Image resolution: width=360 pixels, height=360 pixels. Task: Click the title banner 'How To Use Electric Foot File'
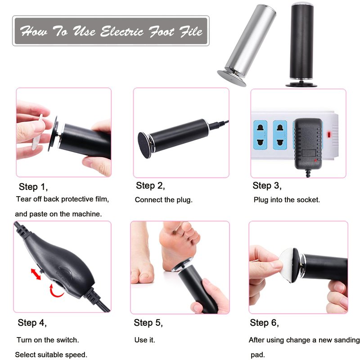(111, 31)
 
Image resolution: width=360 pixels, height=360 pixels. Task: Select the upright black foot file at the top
(301, 45)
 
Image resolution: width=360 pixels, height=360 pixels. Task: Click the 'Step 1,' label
(33, 187)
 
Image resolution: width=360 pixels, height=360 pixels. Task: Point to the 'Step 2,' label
(150, 186)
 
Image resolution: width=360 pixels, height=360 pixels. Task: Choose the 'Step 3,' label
(267, 186)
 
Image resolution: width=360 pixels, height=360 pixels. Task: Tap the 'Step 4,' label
(32, 323)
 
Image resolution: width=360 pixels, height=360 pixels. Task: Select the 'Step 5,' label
(148, 323)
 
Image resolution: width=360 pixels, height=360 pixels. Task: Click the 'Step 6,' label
(265, 323)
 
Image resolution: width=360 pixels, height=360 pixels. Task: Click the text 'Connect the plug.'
(163, 200)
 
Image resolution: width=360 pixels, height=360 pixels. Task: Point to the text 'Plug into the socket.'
(287, 200)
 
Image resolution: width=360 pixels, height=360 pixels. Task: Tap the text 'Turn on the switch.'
(48, 340)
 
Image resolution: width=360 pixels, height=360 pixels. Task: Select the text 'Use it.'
(144, 340)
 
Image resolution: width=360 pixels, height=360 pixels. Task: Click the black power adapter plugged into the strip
(308, 144)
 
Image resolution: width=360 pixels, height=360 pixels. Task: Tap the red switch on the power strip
(329, 135)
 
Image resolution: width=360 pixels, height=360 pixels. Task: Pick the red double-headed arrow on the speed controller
(36, 274)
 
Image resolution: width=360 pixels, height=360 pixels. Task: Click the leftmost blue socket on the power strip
(260, 135)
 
